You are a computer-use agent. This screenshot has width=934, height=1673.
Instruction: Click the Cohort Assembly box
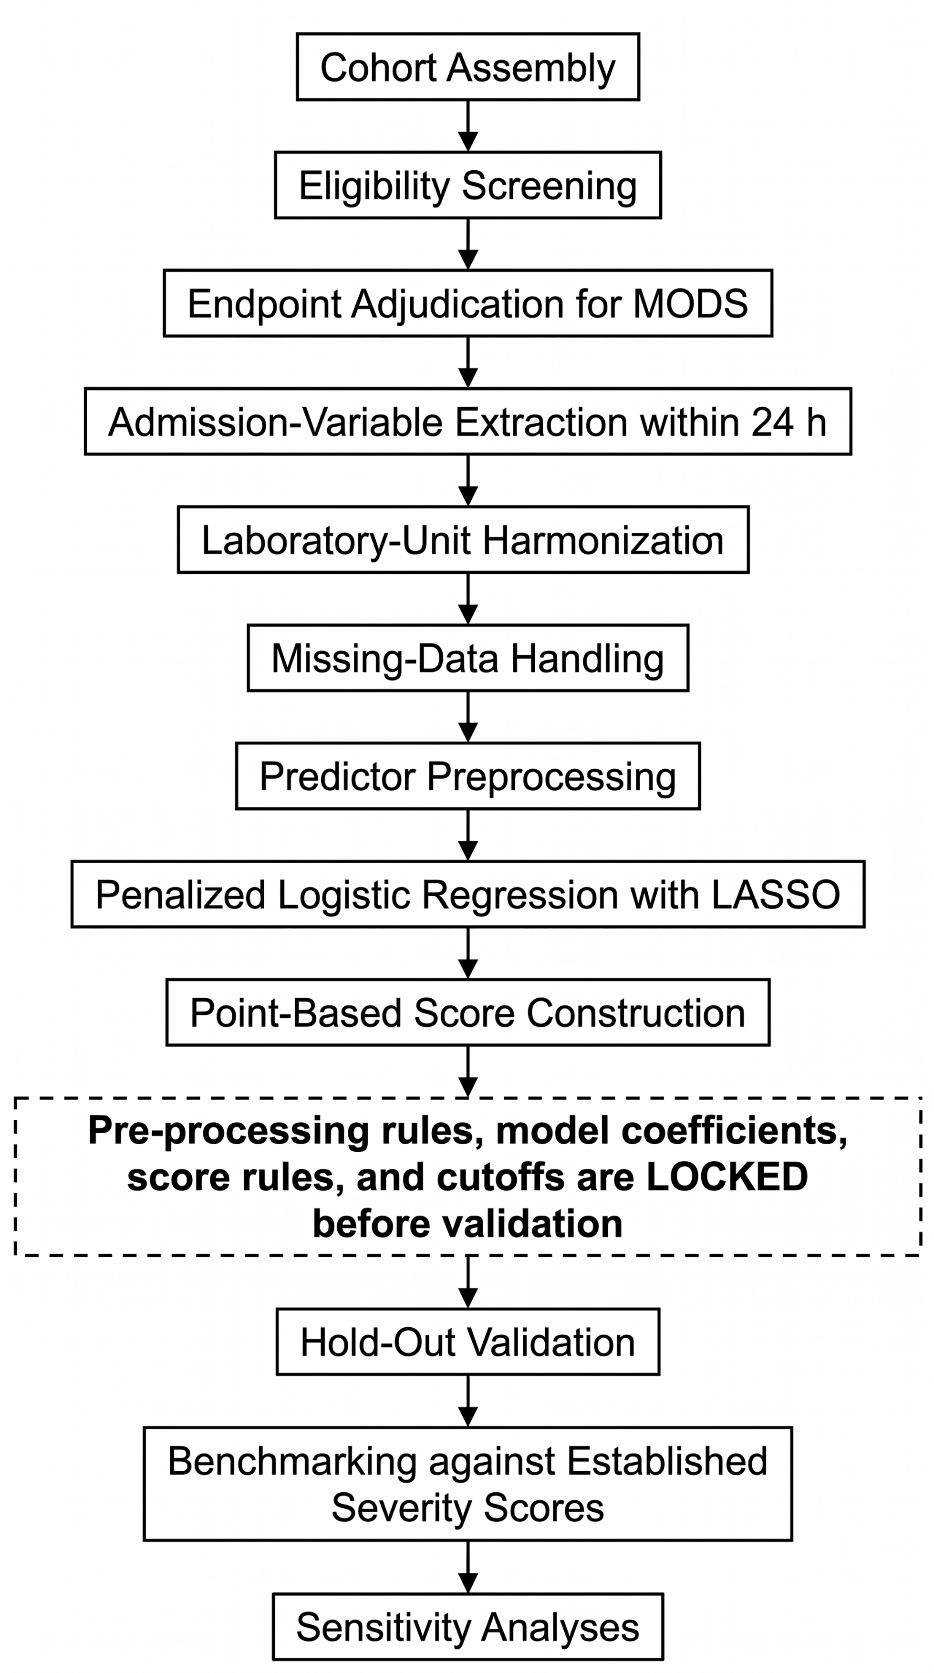[467, 67]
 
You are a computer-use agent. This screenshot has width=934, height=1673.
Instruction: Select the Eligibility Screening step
[467, 185]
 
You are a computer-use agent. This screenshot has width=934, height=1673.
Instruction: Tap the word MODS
[690, 303]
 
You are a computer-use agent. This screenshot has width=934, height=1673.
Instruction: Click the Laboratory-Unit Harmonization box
[463, 540]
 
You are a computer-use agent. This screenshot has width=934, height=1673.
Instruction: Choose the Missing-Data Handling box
[467, 658]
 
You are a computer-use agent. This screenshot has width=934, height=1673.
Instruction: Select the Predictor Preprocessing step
[467, 776]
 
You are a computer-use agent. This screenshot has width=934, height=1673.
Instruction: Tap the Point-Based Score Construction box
[467, 1012]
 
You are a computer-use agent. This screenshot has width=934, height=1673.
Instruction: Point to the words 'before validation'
[467, 1224]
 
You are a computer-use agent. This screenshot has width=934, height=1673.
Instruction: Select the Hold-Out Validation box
[467, 1342]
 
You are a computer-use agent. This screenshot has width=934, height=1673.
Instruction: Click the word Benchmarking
[291, 1462]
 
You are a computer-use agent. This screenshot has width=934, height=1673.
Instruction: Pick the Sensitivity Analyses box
[467, 1626]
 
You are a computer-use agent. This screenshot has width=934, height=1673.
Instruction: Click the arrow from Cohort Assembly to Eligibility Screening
[467, 126]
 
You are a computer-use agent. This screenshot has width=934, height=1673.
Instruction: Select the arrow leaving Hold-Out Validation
[467, 1401]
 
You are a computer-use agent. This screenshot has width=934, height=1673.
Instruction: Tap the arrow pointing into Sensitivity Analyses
[467, 1567]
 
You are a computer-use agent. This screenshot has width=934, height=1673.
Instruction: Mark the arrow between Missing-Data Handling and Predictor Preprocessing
[467, 717]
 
